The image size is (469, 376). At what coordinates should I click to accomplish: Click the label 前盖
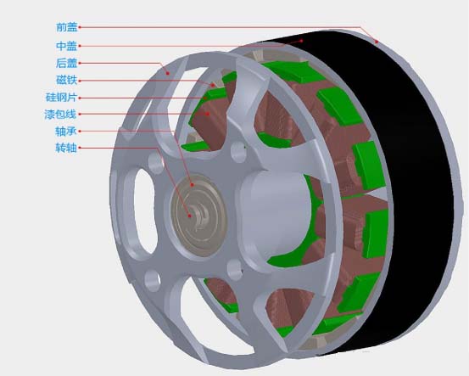(x=67, y=27)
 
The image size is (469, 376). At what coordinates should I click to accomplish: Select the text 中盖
(x=67, y=46)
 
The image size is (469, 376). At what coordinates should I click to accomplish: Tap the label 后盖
(x=67, y=63)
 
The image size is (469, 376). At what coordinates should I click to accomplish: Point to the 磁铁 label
(x=67, y=81)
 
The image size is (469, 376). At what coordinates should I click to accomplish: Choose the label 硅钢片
(x=61, y=98)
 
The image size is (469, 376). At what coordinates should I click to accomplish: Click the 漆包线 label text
(x=61, y=114)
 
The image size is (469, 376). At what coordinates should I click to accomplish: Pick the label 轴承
(x=66, y=131)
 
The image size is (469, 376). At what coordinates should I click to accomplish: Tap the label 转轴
(x=66, y=148)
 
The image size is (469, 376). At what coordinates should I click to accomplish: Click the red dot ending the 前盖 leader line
(x=377, y=42)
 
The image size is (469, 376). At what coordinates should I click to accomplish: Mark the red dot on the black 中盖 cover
(x=302, y=41)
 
